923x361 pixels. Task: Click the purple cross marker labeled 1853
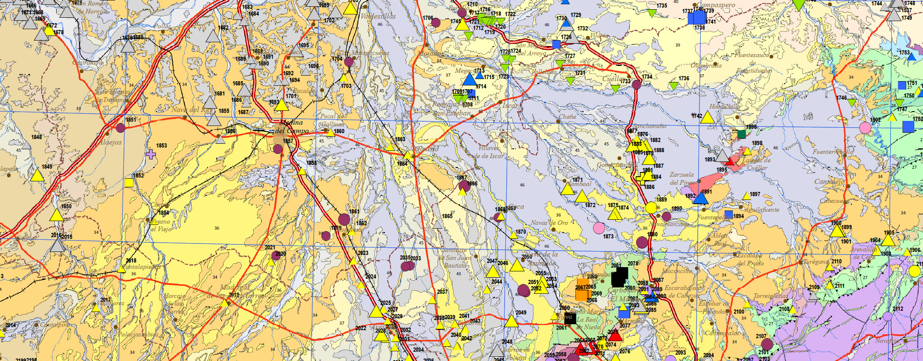[151, 154]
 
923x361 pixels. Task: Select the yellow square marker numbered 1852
[129, 183]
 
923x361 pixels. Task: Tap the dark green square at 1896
[741, 134]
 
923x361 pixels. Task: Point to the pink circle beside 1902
[865, 128]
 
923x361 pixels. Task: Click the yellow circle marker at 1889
[651, 208]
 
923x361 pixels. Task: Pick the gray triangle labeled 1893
[723, 156]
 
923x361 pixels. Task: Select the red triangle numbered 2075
[615, 336]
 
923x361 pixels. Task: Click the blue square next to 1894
[729, 214]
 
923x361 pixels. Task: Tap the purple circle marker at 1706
[436, 22]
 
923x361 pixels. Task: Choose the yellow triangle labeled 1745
[462, 25]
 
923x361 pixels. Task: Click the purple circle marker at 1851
[120, 128]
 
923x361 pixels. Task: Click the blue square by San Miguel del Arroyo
[556, 44]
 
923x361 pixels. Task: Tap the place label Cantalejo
[829, 182]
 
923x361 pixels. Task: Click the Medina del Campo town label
[292, 127]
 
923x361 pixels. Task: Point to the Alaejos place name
[110, 142]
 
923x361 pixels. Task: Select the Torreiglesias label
[771, 296]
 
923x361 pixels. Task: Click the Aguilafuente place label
[762, 209]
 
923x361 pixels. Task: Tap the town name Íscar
[509, 106]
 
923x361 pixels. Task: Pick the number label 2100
[739, 312]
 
